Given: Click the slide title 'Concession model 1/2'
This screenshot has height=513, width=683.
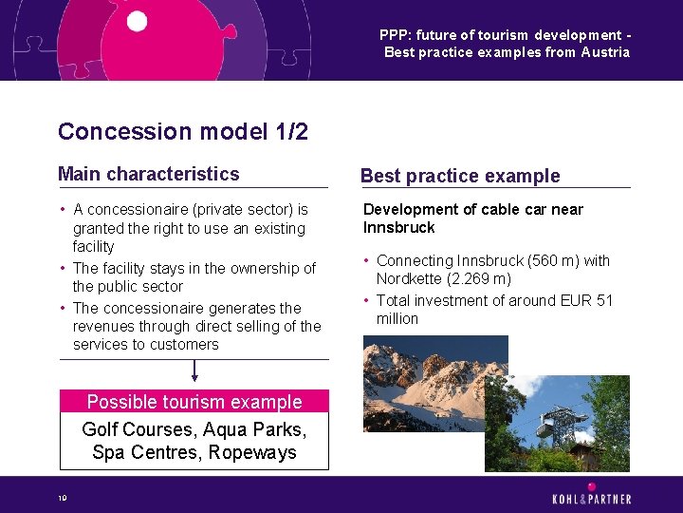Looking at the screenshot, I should point(182,131).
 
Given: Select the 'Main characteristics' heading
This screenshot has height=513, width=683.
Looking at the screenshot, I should point(148,174).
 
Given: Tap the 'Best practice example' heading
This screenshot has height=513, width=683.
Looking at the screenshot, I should point(460,176).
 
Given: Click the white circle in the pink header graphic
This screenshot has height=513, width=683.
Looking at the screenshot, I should point(137,21).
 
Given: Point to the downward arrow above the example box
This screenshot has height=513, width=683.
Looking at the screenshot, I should point(194,370).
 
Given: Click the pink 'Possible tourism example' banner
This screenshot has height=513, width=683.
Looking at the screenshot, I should point(194,402).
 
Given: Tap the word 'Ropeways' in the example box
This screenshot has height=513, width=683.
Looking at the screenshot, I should point(255,452).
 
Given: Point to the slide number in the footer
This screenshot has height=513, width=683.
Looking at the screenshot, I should point(62,497).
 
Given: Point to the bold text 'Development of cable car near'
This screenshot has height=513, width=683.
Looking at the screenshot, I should point(472,209).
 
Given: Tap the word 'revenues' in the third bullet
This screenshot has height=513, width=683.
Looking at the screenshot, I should point(102,327).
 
